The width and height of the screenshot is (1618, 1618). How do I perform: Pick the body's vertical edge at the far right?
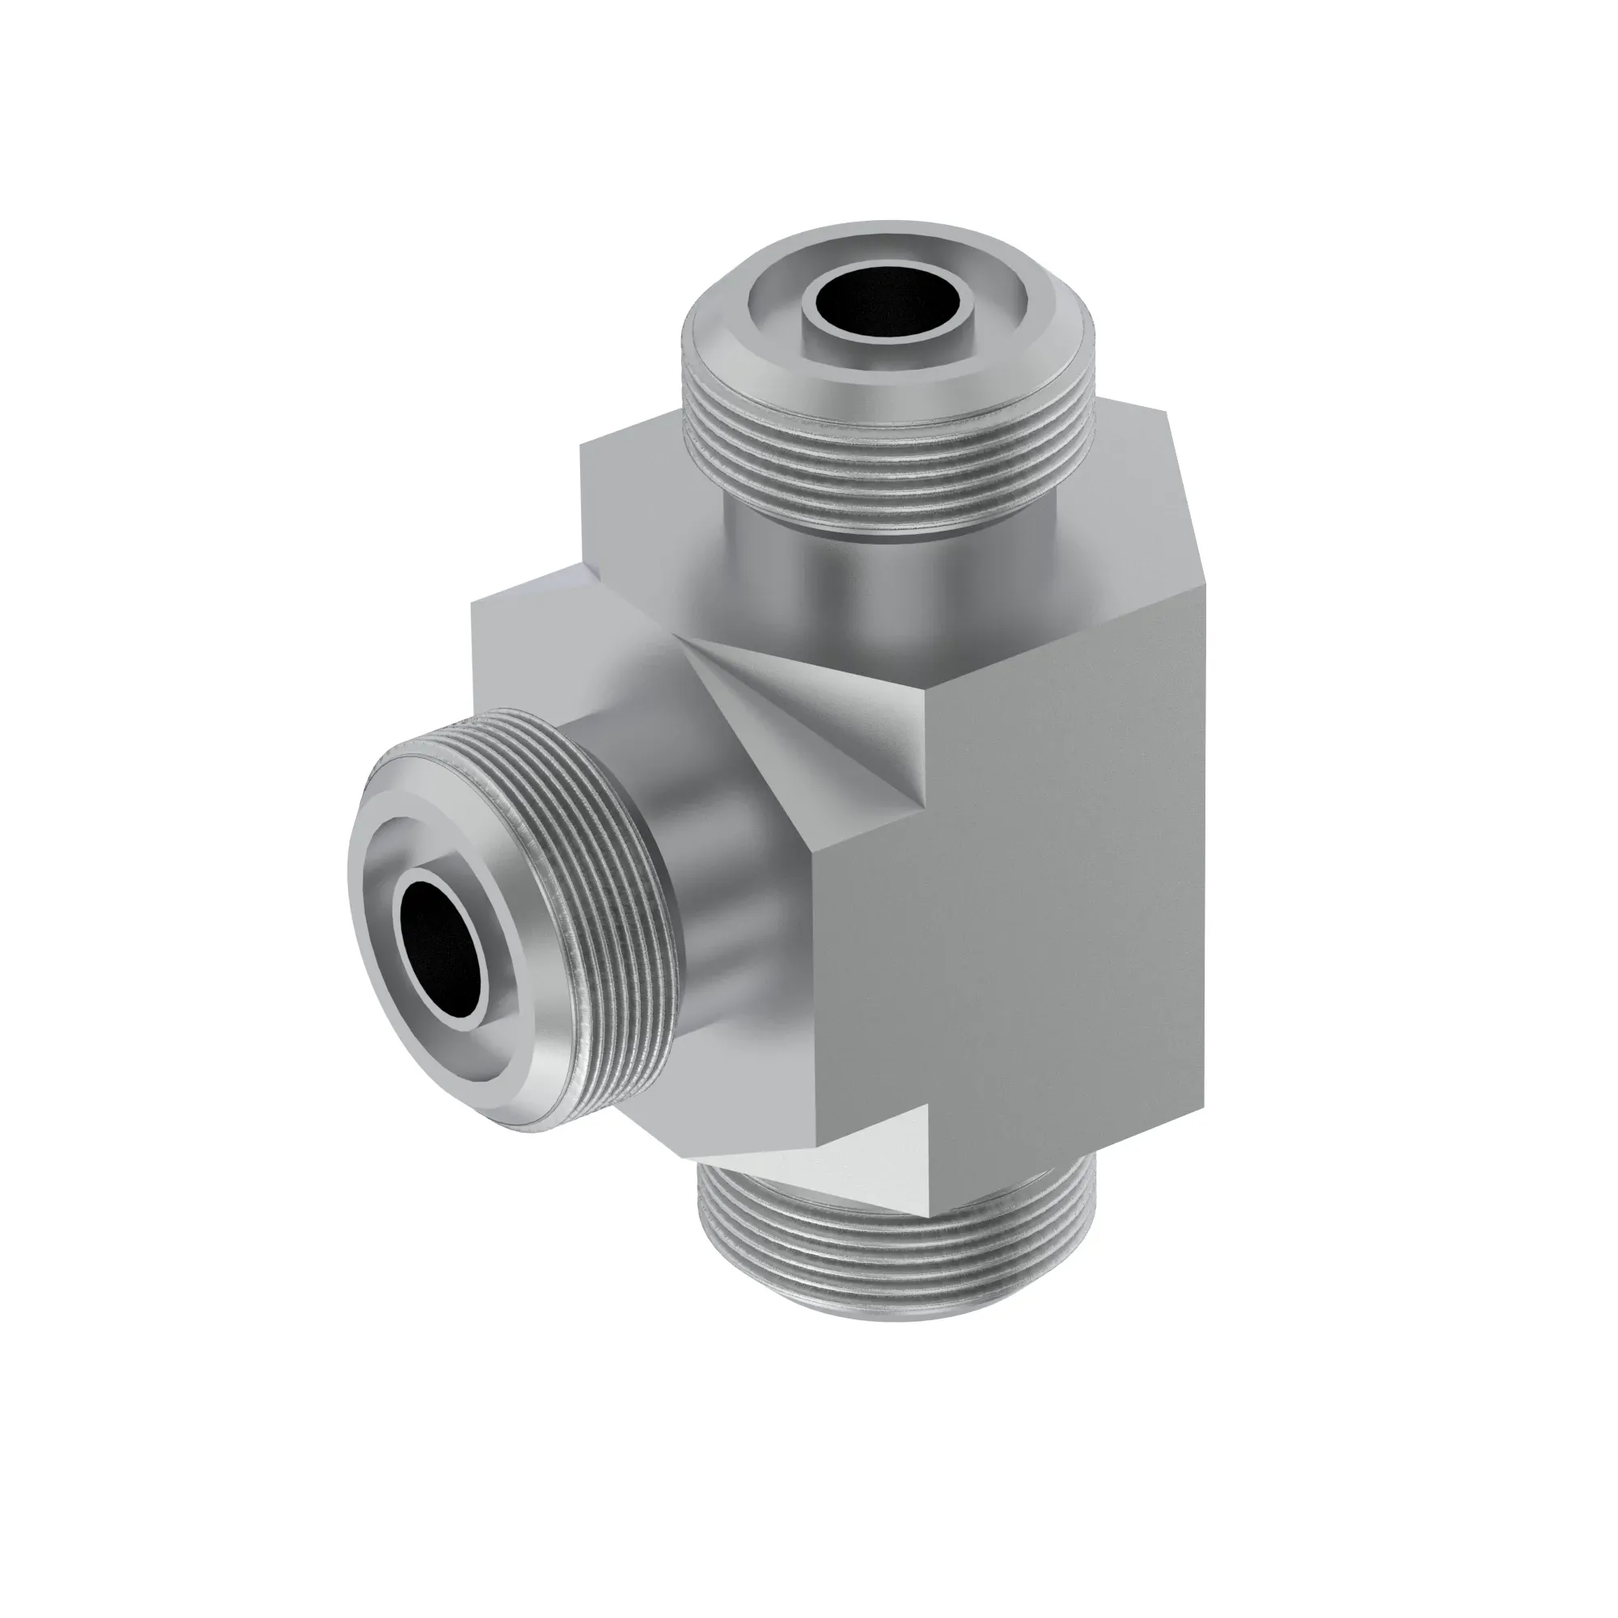pyautogui.click(x=1206, y=837)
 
